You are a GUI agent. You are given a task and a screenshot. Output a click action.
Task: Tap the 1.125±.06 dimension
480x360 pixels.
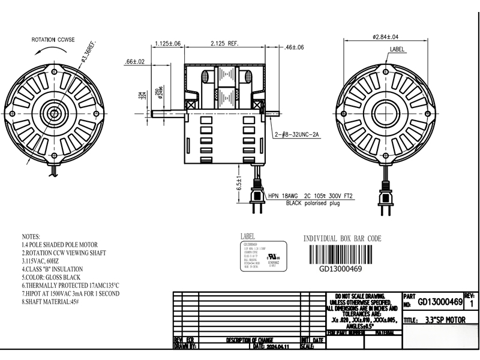[167, 43]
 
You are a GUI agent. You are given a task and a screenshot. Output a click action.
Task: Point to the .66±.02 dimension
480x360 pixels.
[135, 61]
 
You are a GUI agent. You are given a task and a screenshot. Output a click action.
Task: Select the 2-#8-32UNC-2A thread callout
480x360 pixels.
[298, 136]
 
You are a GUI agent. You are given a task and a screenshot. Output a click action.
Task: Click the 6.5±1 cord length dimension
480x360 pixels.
[239, 181]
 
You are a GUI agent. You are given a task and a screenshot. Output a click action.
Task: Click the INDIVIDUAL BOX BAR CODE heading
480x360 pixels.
[342, 238]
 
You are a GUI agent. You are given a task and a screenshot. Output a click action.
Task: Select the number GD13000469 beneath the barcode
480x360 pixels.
[340, 269]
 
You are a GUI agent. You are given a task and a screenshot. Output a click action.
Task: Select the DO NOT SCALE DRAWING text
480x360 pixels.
[364, 296]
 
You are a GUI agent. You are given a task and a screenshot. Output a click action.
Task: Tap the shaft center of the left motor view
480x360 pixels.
[56, 113]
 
